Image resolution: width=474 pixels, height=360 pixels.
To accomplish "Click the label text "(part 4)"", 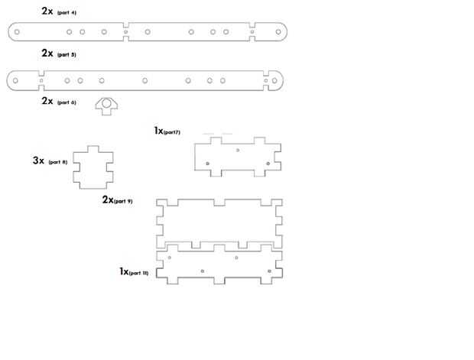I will (67, 13).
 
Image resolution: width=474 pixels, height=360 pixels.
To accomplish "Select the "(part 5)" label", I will (67, 55).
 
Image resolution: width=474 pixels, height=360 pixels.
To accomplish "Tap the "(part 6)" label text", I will (67, 102).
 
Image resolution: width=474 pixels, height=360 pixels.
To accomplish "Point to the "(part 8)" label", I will (58, 162).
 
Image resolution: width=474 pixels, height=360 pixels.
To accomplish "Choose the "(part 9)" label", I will (123, 201).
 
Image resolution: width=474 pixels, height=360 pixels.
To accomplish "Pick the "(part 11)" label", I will (139, 272).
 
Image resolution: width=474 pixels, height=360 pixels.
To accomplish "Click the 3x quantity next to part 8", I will (39, 161).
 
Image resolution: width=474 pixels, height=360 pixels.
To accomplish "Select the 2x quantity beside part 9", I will (108, 199).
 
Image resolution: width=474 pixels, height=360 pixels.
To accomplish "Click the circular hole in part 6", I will (107, 103).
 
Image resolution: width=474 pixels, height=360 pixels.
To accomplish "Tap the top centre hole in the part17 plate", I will (238, 150).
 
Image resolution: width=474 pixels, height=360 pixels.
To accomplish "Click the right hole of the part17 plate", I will (267, 164).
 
